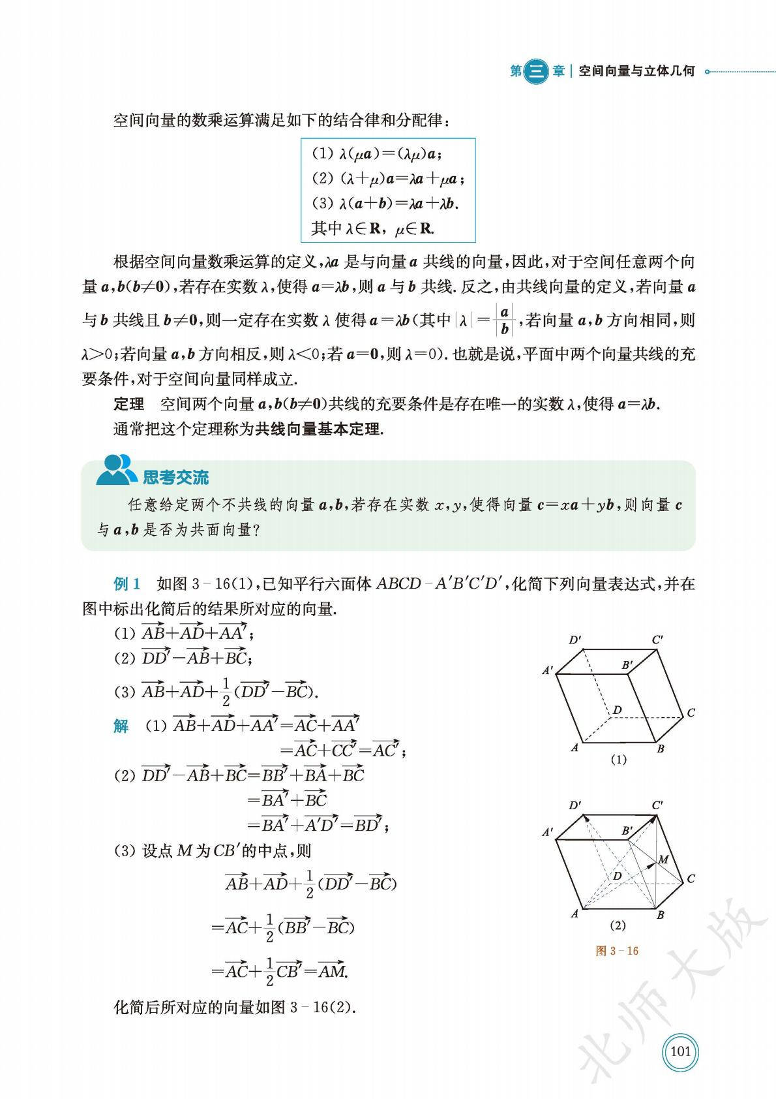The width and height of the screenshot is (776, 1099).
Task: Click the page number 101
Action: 680,1051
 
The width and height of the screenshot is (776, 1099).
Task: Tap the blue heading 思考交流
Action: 175,477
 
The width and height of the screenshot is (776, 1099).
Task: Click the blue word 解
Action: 121,726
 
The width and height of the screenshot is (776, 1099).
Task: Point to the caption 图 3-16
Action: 617,951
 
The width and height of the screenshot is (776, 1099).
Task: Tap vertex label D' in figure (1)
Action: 575,640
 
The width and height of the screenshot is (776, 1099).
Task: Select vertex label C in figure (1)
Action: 691,713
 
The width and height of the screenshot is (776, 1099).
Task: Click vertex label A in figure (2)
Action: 575,914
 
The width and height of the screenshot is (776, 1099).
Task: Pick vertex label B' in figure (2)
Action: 627,831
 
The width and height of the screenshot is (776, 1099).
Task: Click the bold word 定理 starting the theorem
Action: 129,405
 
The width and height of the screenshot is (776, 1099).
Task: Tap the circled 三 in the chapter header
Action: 536,71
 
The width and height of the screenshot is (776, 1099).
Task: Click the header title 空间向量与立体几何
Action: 636,71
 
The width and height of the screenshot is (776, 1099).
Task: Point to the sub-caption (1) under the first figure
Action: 618,759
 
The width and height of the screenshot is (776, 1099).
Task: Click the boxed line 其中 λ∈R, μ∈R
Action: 373,228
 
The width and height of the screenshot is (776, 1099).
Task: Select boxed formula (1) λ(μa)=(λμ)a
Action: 376,154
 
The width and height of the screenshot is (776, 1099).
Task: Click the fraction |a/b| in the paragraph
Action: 504,320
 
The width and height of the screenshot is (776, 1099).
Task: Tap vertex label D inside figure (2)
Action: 616,876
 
